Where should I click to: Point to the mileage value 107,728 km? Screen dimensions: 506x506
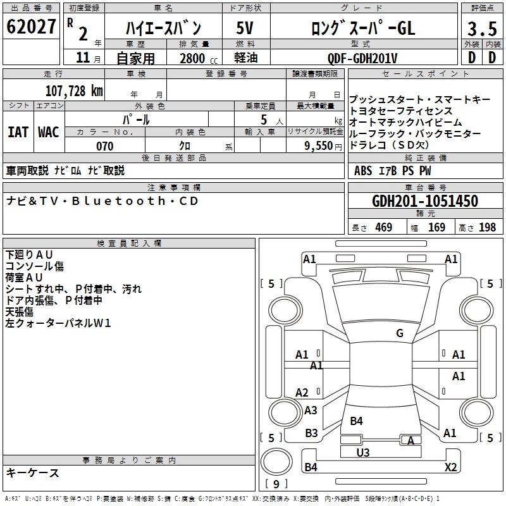point(74,90)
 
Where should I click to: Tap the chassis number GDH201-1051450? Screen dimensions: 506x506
point(425,202)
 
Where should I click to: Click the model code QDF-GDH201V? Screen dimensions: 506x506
point(362,58)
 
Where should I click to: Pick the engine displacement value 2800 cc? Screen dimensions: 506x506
point(195,59)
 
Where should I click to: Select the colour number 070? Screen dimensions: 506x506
point(104,146)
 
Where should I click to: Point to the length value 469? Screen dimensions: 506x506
point(383,228)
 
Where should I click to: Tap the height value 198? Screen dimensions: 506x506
point(488,228)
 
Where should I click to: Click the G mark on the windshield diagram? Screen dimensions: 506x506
point(400,333)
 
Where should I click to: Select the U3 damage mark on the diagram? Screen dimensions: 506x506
point(363,452)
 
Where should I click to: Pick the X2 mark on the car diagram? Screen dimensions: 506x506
point(450,467)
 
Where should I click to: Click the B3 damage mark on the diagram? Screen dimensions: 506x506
point(311,433)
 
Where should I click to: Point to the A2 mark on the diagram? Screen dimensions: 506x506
point(302,393)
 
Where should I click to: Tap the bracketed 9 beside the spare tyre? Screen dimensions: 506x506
point(276,484)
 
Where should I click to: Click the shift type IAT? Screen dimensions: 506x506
point(18,132)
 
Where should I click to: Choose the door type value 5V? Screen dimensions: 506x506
point(246,28)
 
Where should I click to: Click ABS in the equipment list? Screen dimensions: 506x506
point(363,171)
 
